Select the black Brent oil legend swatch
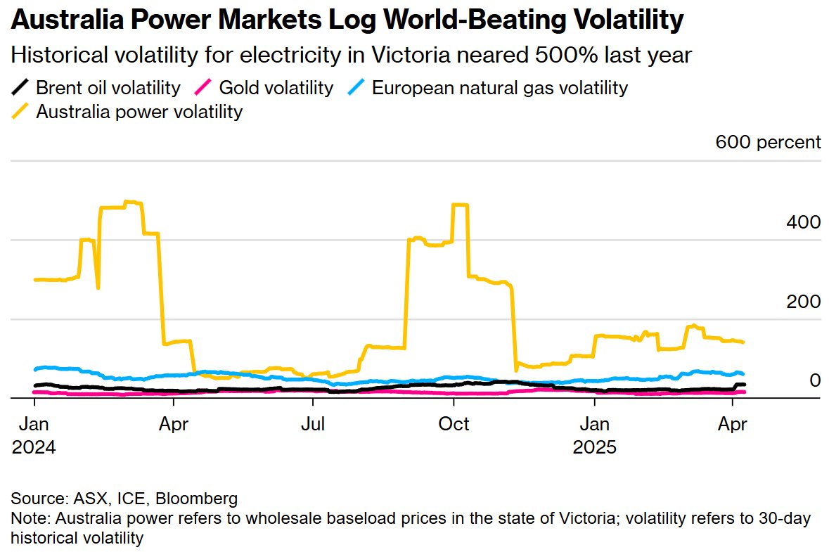coord(21,88)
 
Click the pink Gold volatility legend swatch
coord(203,88)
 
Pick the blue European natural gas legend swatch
coord(356,88)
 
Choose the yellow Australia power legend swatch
coord(21,111)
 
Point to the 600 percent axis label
coord(768,142)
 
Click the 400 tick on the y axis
coord(803,222)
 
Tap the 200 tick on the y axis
coord(803,302)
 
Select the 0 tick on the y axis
coord(815,380)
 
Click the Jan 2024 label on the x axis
coord(34,425)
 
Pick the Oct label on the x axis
coord(454,425)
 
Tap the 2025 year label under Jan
coord(595,447)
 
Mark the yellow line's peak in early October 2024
coord(461,205)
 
